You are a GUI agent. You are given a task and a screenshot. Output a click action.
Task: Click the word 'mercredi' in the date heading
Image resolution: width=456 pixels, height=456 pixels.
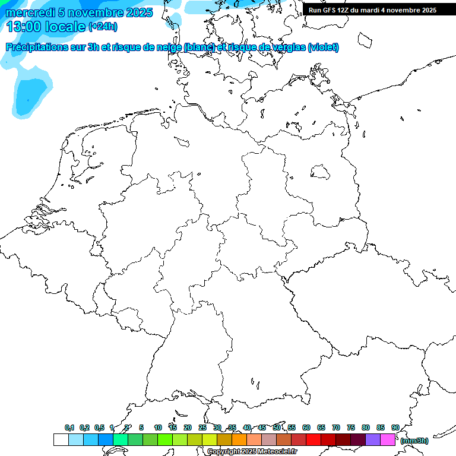point(30,12)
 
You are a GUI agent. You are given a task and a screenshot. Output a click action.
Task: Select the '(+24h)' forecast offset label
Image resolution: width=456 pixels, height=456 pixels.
point(103,26)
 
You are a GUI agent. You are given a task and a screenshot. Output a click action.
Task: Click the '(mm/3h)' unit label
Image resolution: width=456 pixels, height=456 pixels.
point(414,441)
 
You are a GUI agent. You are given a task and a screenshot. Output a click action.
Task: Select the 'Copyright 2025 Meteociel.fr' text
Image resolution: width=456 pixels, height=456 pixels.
point(252,452)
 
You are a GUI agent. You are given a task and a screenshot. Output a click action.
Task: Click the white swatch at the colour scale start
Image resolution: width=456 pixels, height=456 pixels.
point(61,440)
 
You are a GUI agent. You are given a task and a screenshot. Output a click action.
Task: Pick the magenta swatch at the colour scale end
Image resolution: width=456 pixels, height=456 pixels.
point(388,440)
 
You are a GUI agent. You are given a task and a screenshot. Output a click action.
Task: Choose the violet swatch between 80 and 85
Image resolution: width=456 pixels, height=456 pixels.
point(373,440)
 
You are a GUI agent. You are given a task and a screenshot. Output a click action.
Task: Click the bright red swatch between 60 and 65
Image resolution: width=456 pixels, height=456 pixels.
point(313,440)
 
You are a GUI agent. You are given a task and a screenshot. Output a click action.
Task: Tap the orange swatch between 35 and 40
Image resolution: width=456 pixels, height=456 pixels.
point(239,440)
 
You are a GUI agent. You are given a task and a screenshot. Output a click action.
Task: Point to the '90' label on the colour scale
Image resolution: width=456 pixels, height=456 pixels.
point(395,428)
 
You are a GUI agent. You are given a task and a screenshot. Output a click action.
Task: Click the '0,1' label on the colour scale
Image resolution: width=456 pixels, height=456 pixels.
point(69,428)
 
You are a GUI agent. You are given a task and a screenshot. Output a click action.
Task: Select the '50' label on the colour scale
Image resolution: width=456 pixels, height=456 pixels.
point(277,428)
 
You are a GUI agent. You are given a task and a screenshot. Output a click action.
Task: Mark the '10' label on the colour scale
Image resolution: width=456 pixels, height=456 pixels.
point(158,428)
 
